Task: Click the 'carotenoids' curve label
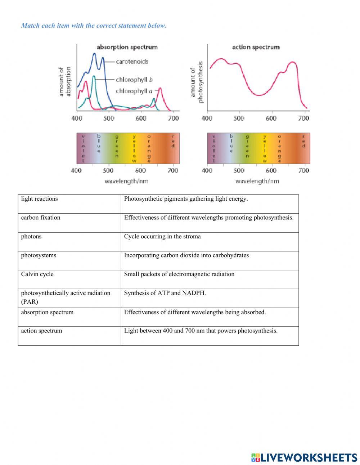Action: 132,62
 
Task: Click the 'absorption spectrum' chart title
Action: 127,47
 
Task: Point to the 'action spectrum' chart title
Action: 256,47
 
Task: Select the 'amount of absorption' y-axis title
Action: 65,82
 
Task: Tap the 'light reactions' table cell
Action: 39,199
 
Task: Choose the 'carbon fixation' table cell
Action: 41,218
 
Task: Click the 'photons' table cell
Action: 31,237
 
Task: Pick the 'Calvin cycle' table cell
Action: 37,274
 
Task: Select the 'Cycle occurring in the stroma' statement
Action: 162,237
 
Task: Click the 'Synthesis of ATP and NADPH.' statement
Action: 165,293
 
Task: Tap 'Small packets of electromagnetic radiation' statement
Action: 179,274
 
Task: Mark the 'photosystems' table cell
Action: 39,255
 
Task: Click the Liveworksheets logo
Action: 304,457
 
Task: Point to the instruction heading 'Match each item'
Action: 94,26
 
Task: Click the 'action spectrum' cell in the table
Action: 41,331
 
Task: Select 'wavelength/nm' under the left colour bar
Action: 126,181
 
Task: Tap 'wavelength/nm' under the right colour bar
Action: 257,181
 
